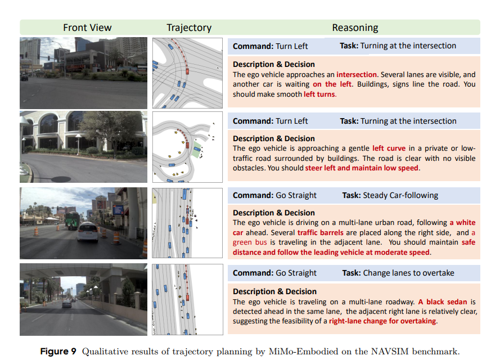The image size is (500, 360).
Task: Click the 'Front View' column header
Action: pos(87,28)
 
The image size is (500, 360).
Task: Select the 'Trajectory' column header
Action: pos(189,28)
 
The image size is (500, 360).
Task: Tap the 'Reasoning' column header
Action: pos(355,28)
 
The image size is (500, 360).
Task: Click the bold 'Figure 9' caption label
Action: pos(58,352)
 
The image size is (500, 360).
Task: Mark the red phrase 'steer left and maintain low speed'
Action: pos(362,168)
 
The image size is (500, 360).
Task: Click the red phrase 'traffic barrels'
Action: pos(320,232)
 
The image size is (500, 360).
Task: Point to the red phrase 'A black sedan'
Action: pos(444,302)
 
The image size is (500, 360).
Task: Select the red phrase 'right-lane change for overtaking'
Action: pos(382,321)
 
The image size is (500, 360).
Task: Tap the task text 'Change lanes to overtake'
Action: pos(408,273)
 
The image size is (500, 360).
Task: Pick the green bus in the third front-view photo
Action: pos(73,220)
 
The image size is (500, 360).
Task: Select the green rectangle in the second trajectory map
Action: pos(196,150)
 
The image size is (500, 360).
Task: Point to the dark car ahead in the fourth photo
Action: pos(67,304)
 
